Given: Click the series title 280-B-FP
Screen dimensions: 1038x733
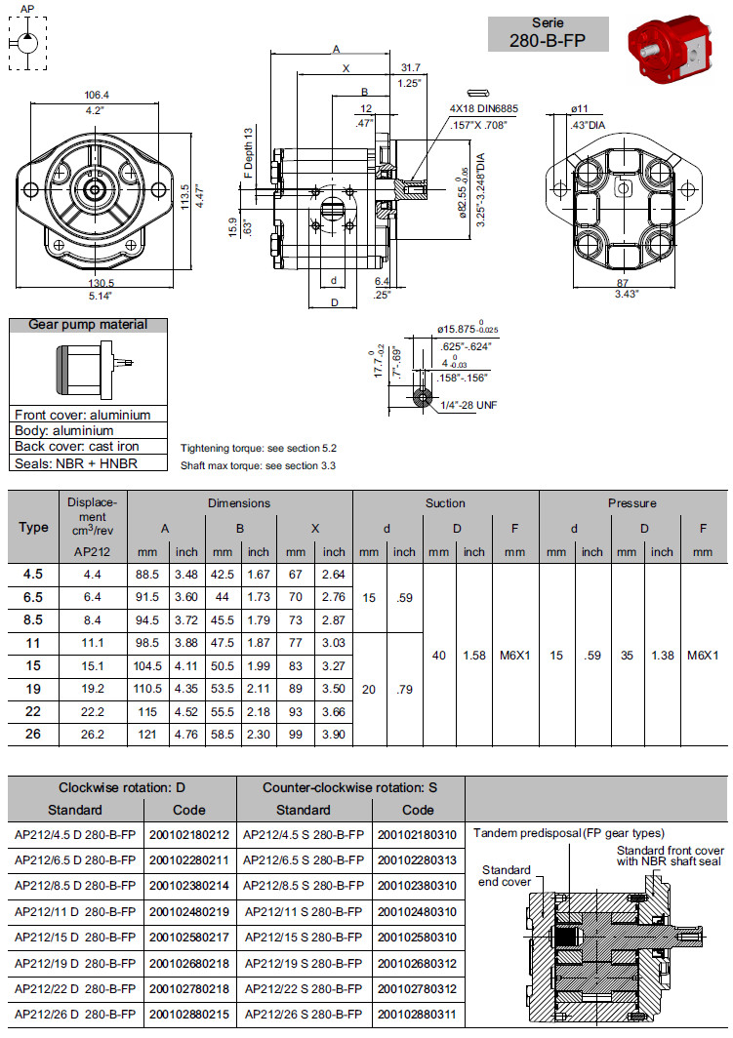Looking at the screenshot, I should pos(548,40).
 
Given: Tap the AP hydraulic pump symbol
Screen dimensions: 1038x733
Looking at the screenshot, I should pos(26,42).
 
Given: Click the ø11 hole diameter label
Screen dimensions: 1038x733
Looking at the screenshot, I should pos(580,108).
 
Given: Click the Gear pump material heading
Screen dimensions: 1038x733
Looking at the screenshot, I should pos(88,325).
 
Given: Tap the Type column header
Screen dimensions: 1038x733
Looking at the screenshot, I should pos(33,527).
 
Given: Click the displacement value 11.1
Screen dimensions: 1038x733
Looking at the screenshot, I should pos(93,642).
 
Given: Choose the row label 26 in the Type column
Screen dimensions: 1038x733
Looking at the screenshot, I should pos(33,734).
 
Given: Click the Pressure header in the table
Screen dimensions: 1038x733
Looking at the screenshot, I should pos(631,503).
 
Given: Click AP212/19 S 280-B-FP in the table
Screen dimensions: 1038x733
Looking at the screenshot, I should pos(304,963).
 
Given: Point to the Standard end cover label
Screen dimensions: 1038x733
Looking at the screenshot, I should pos(506,875).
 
